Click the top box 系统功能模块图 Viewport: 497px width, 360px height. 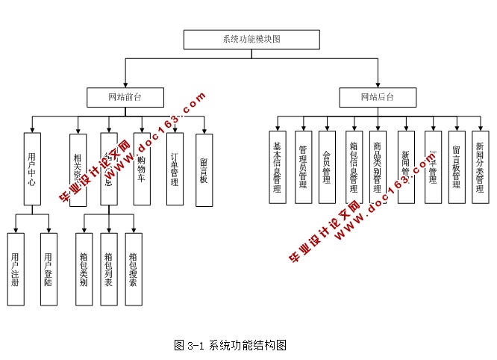coord(251,39)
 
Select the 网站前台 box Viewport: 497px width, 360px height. coord(125,97)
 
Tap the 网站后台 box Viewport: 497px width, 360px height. coord(377,97)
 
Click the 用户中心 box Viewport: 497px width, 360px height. coord(31,169)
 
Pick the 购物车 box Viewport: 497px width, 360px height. coord(142,169)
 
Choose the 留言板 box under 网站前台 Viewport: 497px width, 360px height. coord(204,169)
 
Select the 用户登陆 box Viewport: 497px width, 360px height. coord(49,269)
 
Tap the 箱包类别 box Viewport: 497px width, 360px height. coord(84,269)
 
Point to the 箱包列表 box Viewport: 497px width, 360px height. coord(109,269)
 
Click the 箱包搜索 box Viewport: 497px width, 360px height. coord(134,269)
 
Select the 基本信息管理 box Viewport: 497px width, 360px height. coord(278,167)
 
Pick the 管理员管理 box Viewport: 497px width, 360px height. coord(303,167)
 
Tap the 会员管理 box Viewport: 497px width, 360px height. coord(327,167)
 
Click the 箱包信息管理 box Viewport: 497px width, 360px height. coord(354,167)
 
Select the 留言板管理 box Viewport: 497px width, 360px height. coord(456,167)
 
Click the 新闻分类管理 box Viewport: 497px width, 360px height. coord(479,167)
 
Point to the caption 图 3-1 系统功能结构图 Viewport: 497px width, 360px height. coord(230,345)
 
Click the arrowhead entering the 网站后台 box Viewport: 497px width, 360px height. coord(377,84)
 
